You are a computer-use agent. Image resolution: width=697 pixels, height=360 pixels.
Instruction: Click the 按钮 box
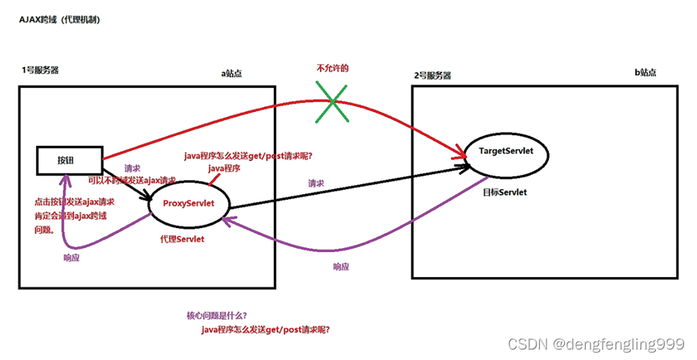point(68,159)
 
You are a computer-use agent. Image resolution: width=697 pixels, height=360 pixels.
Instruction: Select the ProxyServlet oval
point(189,203)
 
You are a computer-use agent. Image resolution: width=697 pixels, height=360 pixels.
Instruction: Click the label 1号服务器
point(39,70)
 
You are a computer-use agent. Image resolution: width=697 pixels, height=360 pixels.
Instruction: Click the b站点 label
point(645,72)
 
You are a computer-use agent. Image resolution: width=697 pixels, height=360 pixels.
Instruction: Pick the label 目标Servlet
point(505,193)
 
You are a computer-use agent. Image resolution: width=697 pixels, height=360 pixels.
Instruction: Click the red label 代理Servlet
point(183,239)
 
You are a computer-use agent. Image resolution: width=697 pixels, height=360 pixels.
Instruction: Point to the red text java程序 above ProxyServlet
point(225,168)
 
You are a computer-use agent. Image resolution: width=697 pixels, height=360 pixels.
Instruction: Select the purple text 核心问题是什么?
point(216,314)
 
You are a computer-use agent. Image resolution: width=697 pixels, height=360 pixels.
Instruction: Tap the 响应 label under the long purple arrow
point(342,267)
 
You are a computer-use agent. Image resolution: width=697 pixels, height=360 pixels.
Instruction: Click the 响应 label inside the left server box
point(72,258)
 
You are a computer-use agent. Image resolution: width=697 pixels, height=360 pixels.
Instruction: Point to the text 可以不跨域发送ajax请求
point(131,181)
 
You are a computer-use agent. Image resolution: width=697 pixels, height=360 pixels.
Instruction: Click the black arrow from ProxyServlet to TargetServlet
point(346,185)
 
